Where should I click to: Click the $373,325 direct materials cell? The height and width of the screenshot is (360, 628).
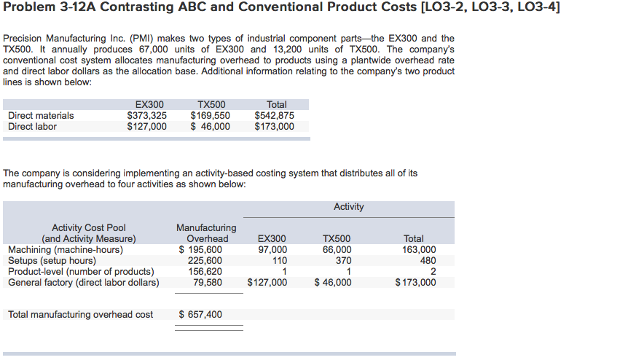pyautogui.click(x=146, y=116)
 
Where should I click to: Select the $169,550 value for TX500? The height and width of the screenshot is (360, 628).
pyautogui.click(x=210, y=116)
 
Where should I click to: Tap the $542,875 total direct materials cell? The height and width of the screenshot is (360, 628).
pyautogui.click(x=274, y=116)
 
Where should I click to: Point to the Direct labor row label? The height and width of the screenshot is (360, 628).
pyautogui.click(x=32, y=127)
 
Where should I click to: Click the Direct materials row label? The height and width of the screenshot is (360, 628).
pyautogui.click(x=41, y=116)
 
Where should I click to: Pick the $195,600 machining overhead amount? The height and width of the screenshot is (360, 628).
pyautogui.click(x=200, y=250)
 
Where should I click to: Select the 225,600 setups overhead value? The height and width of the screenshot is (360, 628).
pyautogui.click(x=205, y=261)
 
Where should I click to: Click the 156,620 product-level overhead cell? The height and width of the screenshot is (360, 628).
pyautogui.click(x=205, y=272)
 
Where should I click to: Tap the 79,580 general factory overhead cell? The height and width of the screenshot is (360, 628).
pyautogui.click(x=208, y=283)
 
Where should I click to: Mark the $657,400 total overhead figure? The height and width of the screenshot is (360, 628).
pyautogui.click(x=200, y=315)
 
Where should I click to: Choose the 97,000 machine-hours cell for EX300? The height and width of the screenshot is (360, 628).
pyautogui.click(x=272, y=250)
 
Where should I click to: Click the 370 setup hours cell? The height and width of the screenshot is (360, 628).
pyautogui.click(x=342, y=261)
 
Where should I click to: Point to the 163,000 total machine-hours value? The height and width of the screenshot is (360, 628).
pyautogui.click(x=419, y=250)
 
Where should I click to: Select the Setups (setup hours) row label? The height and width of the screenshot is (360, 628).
pyautogui.click(x=52, y=261)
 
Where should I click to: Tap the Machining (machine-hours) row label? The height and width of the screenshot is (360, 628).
pyautogui.click(x=65, y=250)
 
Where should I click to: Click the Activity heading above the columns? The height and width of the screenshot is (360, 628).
pyautogui.click(x=348, y=207)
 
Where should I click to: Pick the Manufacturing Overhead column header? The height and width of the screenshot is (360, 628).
pyautogui.click(x=206, y=233)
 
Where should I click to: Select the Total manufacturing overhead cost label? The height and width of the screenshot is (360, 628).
pyautogui.click(x=80, y=315)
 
